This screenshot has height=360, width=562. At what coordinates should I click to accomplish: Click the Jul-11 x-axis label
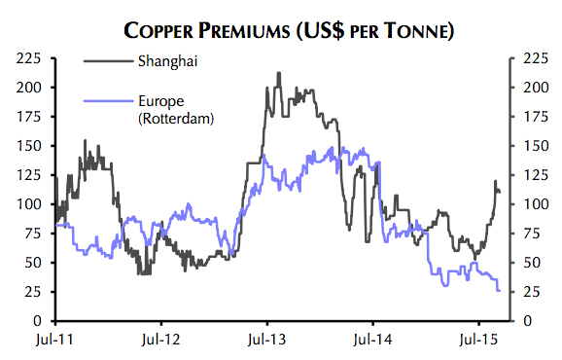(55, 342)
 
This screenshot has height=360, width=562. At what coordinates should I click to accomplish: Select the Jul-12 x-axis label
(161, 342)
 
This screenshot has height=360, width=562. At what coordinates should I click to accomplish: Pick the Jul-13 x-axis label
(266, 342)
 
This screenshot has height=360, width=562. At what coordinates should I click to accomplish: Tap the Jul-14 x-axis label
(372, 342)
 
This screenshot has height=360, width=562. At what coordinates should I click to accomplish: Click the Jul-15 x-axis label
(478, 342)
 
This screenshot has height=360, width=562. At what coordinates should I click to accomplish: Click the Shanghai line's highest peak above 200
(279, 72)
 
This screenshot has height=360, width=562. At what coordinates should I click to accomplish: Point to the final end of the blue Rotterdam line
(499, 290)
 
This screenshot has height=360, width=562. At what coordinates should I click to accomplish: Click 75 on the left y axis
(33, 234)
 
